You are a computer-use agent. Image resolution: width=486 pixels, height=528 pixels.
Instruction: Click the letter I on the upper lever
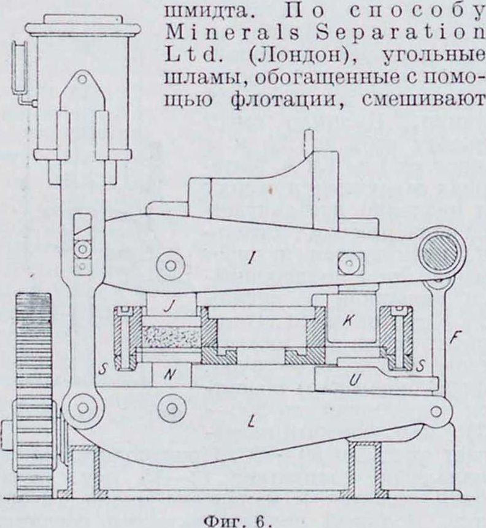tap(250, 260)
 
